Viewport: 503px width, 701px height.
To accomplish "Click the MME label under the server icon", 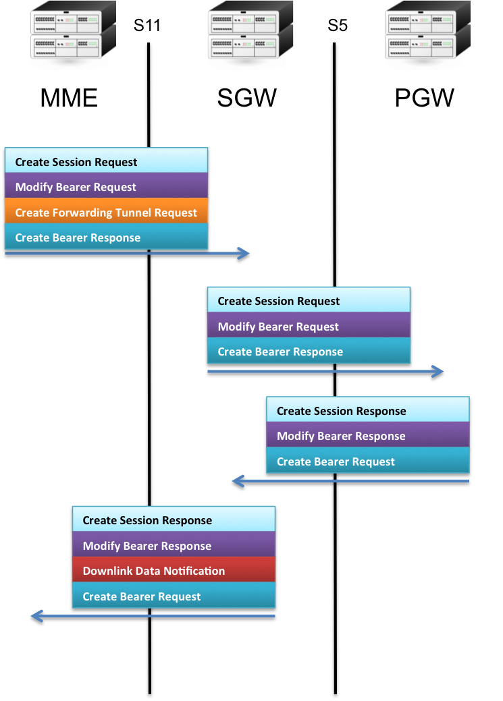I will tap(69, 99).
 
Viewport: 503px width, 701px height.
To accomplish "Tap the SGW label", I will tap(246, 99).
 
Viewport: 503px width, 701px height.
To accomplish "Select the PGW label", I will tap(424, 99).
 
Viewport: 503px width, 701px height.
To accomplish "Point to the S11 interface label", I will tap(147, 26).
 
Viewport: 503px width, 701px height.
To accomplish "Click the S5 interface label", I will tap(338, 26).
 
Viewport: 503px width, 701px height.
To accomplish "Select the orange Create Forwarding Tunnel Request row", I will tap(106, 213).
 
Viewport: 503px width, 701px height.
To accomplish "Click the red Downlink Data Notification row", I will tap(174, 571).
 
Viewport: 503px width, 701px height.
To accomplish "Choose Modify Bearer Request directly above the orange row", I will tap(106, 188).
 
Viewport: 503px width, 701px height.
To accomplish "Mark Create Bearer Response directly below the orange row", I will tap(106, 237).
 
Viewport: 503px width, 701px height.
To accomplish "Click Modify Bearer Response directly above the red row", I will tap(174, 546).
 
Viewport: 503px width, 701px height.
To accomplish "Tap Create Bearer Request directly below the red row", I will tap(174, 596).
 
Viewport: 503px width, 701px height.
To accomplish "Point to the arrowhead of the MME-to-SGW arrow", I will tap(244, 254).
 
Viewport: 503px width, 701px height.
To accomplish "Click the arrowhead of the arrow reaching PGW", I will tap(438, 372).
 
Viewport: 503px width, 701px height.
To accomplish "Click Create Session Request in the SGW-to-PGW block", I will tap(308, 302).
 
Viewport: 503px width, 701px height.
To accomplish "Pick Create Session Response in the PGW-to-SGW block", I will tap(367, 411).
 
